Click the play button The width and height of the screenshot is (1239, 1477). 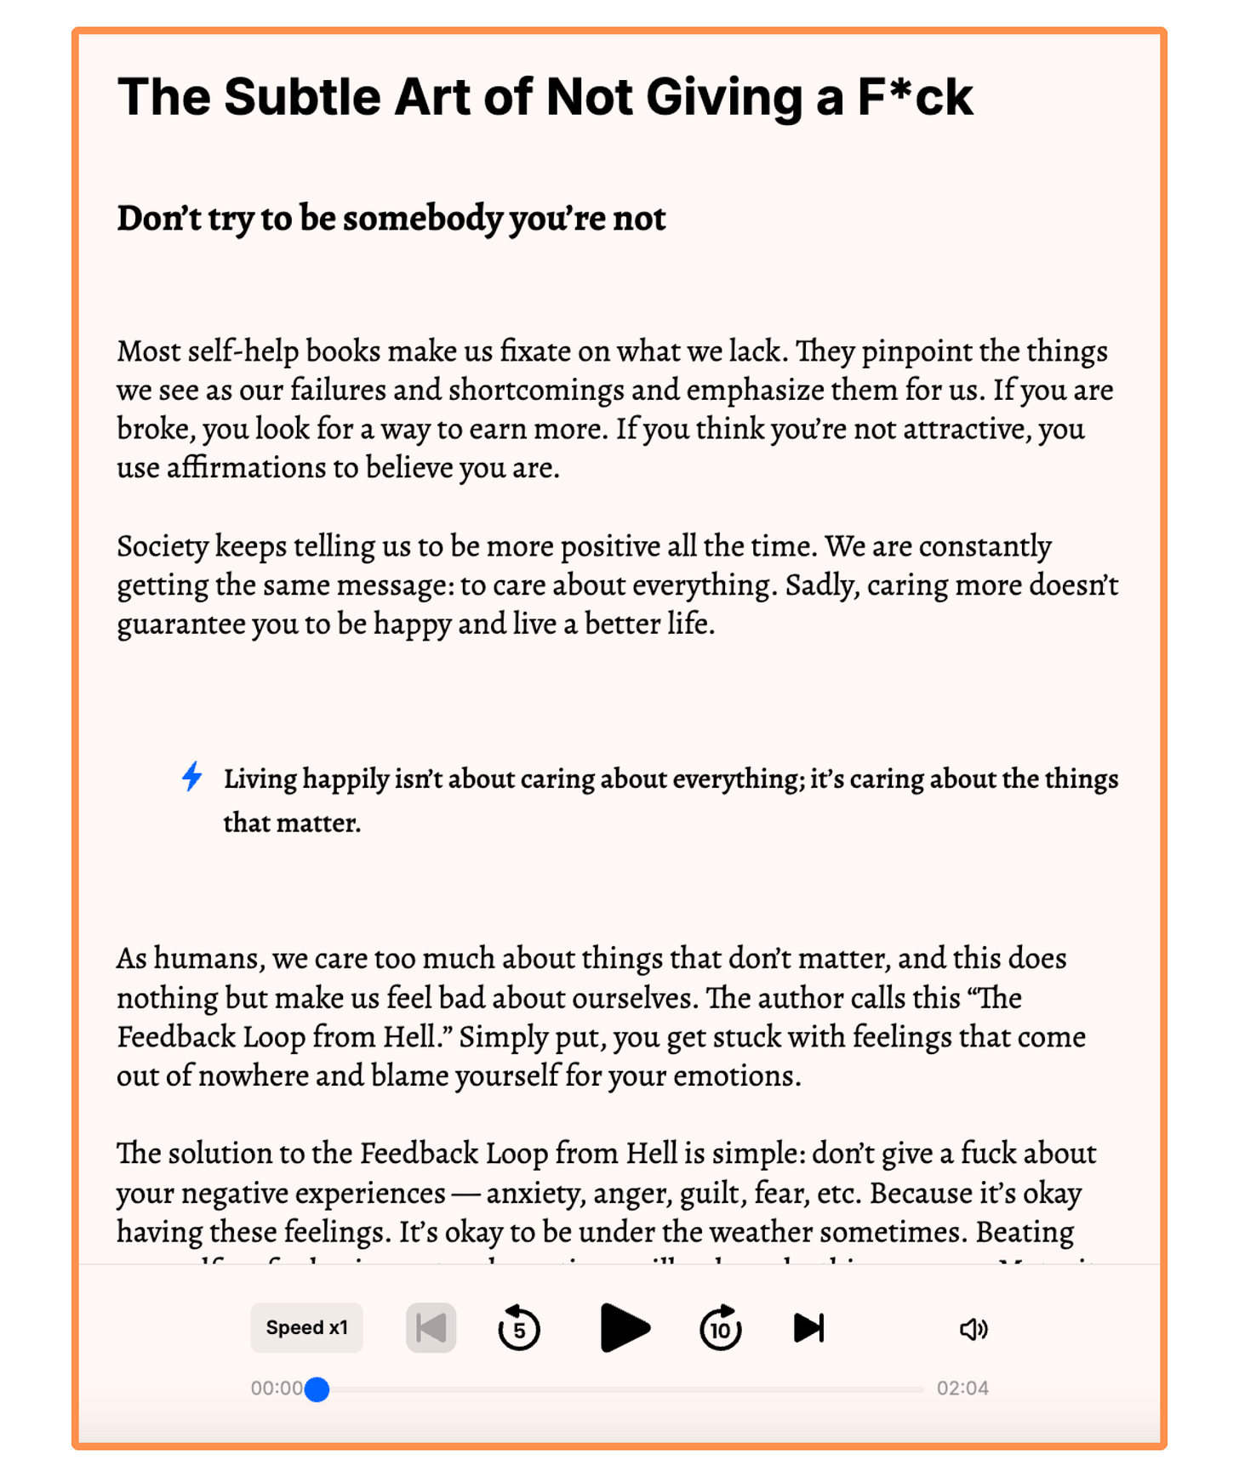(625, 1327)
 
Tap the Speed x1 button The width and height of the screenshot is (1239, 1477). (306, 1327)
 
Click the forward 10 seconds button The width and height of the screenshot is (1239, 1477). (720, 1327)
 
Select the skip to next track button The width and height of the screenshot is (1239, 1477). (808, 1327)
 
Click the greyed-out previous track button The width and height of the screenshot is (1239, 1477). (431, 1327)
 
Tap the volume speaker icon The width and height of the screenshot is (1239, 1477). (973, 1328)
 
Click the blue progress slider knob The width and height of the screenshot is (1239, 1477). (317, 1389)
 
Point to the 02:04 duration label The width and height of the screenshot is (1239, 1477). (962, 1389)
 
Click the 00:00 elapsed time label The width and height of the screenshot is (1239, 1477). (276, 1389)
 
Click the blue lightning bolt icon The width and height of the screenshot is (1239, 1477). (192, 776)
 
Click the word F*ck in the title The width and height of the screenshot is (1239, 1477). (915, 96)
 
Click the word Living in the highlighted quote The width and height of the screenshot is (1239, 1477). (260, 778)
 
